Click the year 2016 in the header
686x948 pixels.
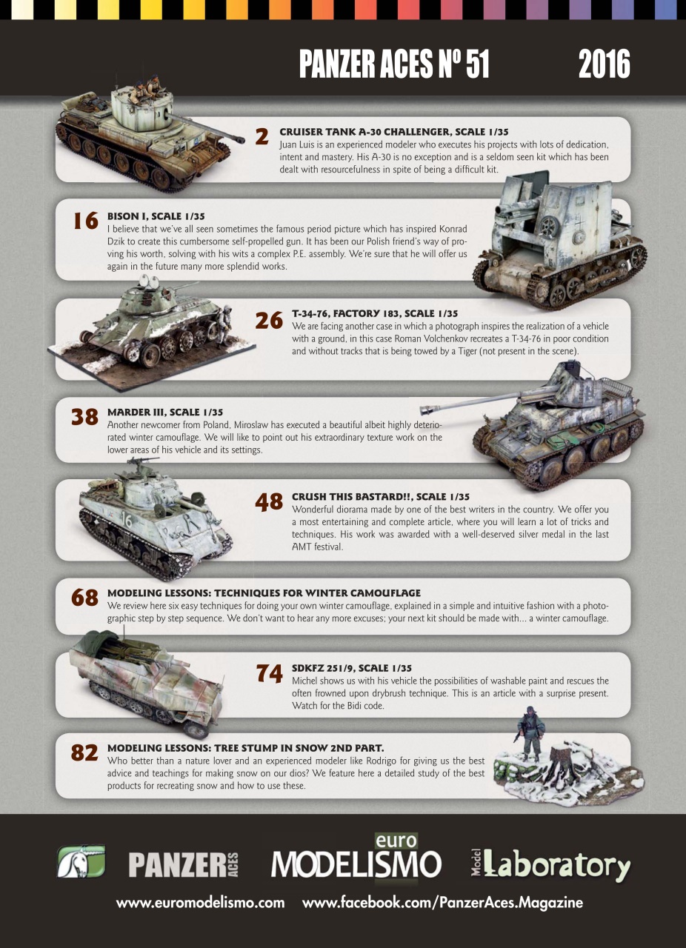click(x=604, y=65)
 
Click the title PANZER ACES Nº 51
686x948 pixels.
click(x=394, y=65)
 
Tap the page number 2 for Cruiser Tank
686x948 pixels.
click(x=261, y=137)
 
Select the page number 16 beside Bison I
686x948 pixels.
click(x=86, y=221)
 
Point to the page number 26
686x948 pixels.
click(x=269, y=320)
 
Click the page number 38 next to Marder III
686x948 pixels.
click(x=84, y=417)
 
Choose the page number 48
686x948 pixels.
click(x=269, y=502)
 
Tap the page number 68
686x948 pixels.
click(x=84, y=598)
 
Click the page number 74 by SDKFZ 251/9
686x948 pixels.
click(x=269, y=673)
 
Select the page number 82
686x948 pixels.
click(x=84, y=752)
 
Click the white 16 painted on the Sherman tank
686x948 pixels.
click(x=127, y=521)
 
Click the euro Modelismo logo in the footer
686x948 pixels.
click(x=356, y=861)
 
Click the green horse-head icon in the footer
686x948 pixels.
click(x=81, y=862)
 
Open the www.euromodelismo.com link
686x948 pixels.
click(x=200, y=903)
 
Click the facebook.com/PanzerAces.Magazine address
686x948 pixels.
click(x=442, y=903)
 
